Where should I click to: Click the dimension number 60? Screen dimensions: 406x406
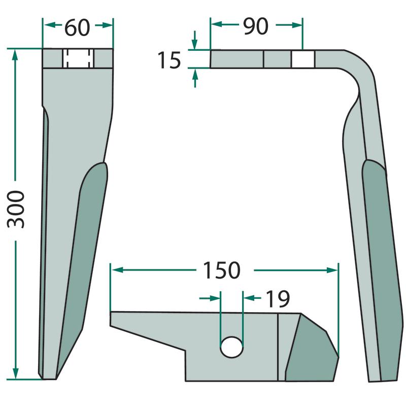[77, 27]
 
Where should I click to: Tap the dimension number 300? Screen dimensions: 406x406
[16, 209]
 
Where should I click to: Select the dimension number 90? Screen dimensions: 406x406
[256, 26]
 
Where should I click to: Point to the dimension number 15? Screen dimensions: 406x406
[169, 60]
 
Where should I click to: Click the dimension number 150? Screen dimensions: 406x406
[222, 270]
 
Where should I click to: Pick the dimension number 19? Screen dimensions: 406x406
[278, 299]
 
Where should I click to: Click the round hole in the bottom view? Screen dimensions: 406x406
[231, 347]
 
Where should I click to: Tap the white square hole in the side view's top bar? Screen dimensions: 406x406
[303, 59]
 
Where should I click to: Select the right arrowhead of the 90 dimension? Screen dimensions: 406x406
[297, 25]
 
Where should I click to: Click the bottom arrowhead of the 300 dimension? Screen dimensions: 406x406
[16, 373]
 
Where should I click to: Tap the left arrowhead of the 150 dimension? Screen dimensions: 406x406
[117, 270]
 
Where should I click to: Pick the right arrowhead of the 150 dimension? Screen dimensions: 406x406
[332, 270]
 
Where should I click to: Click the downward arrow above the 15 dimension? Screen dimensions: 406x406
[195, 40]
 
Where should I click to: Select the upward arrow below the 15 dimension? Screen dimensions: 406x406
[195, 79]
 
